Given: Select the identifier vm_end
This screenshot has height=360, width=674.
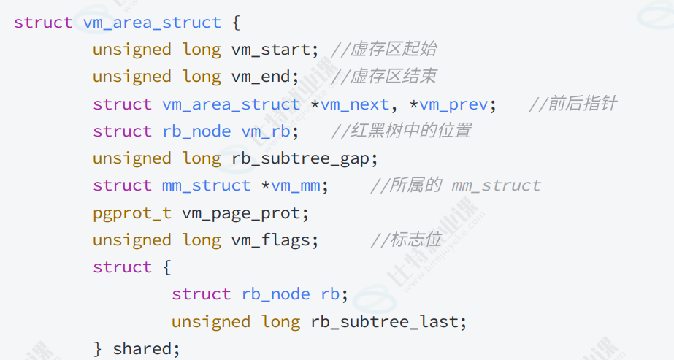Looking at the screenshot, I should point(261,77).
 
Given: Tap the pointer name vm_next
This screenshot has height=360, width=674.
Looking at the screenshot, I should point(355,104).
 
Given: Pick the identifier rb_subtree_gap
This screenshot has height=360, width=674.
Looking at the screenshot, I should point(305,158).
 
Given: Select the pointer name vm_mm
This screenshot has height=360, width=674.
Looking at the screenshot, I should point(296,185).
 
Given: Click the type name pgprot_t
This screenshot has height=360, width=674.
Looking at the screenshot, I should point(131,213).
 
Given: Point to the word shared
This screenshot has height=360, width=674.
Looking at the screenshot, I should point(142,349).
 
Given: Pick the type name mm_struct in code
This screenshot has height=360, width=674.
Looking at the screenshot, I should point(206,185).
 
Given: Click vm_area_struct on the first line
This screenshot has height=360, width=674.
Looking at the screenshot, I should point(152,23).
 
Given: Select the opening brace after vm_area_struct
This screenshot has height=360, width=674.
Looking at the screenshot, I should point(236,23).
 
